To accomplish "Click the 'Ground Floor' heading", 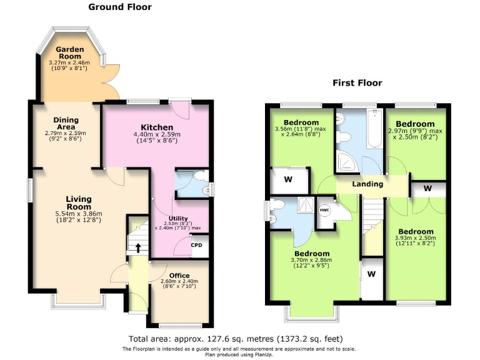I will [x=120, y=7].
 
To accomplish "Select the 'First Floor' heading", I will [x=357, y=82].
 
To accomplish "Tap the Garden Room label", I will [x=69, y=52].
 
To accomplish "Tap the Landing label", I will [x=367, y=184].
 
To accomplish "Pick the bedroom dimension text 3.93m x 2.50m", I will [x=416, y=238].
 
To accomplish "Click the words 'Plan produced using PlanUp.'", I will [x=240, y=354].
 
